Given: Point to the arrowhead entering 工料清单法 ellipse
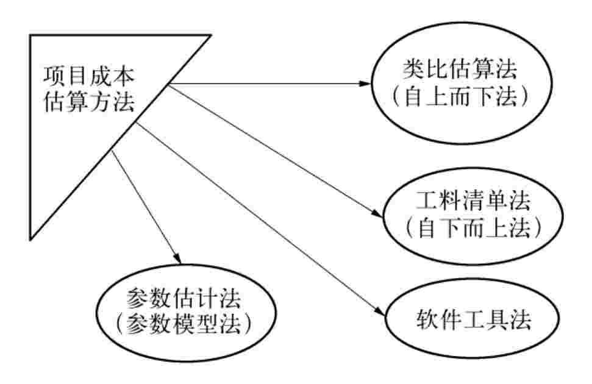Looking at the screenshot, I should point(377,213).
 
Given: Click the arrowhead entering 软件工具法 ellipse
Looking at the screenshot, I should point(380,311).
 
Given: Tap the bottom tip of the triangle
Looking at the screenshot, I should point(30,238).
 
